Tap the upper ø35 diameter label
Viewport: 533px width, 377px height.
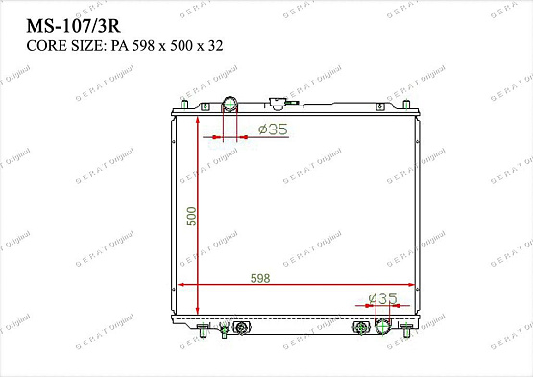[x=273, y=130]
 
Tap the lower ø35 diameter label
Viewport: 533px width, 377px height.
[x=382, y=298]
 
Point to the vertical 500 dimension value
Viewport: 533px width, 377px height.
[x=192, y=216]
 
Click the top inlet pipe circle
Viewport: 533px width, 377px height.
[x=230, y=105]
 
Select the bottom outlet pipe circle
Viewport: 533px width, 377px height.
[x=384, y=327]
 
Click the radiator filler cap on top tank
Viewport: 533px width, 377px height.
[x=279, y=102]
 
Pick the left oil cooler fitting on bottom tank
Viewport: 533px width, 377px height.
[x=239, y=328]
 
